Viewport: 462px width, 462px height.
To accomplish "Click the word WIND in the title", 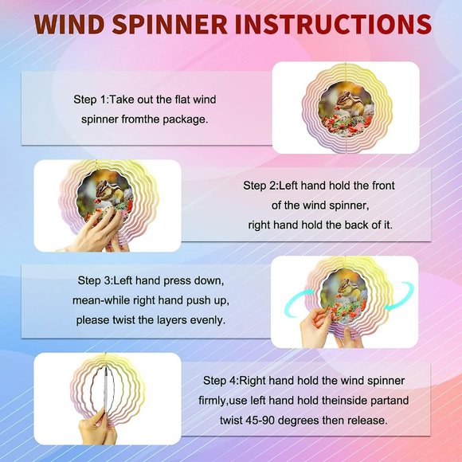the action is click(69, 24).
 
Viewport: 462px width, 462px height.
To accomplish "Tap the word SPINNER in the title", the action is click(170, 24).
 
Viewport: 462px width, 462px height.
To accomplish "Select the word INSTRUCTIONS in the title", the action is click(334, 24).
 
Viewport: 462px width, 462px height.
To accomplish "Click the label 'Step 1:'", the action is click(92, 100).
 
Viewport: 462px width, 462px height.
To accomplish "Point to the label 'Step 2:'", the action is click(260, 186).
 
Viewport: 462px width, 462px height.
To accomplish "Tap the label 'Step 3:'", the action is click(96, 280).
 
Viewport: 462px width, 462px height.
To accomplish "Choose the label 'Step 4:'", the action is click(221, 381).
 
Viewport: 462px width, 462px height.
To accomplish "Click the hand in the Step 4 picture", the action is click(94, 426).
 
